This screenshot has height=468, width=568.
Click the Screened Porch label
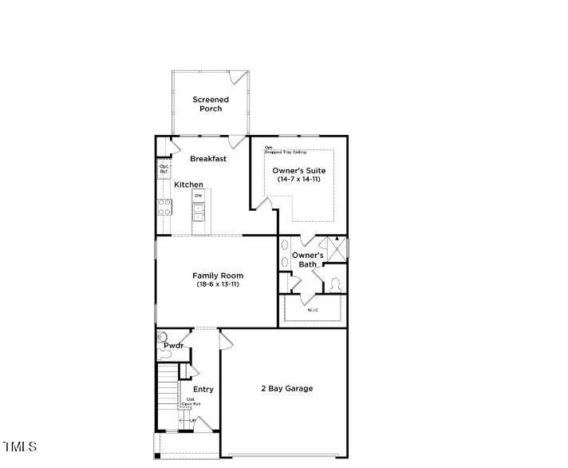211,104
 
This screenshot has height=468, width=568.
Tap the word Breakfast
208,159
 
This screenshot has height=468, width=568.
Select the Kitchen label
189,184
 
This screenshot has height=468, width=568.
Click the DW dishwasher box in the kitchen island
199,196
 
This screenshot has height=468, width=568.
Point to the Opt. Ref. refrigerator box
164,169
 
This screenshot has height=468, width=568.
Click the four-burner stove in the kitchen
164,208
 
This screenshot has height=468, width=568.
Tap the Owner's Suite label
299,171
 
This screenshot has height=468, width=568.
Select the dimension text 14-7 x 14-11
299,180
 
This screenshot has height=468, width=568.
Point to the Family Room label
218,276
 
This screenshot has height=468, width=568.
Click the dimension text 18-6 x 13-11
218,284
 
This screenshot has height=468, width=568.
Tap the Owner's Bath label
307,260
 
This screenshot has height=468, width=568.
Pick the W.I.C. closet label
313,310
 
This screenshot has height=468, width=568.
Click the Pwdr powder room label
174,346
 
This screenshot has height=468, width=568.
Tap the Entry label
203,389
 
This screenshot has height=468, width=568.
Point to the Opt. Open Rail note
191,402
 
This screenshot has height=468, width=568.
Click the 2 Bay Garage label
286,389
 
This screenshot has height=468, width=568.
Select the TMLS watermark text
20,446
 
